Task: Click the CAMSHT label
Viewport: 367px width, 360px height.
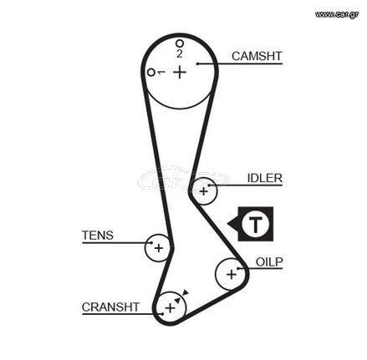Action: tap(257, 56)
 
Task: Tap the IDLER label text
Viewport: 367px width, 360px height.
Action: tap(265, 178)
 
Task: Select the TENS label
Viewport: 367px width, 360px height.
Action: tap(98, 236)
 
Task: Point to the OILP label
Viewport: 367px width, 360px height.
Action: tap(269, 262)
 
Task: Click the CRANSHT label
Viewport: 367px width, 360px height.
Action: tap(110, 307)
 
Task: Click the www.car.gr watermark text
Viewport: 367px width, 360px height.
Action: tap(337, 14)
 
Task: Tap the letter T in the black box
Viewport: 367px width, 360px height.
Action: tap(255, 225)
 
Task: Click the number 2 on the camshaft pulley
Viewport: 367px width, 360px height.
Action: tap(180, 53)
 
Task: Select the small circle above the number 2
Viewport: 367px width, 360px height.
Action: tap(180, 43)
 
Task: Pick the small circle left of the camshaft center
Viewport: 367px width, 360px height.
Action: tap(151, 73)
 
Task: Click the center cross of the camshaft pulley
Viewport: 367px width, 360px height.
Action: tap(180, 72)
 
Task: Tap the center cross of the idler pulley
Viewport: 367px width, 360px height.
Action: tap(204, 191)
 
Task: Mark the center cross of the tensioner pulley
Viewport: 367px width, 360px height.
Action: tap(159, 248)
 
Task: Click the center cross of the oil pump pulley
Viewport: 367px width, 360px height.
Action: tap(232, 275)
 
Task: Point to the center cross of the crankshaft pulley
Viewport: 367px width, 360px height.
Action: tap(170, 308)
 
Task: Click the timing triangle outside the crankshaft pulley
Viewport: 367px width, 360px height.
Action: tap(186, 292)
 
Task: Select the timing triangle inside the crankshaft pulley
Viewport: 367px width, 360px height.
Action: tap(178, 300)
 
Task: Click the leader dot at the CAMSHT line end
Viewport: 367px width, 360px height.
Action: tap(197, 63)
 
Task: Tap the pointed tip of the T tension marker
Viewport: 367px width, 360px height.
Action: tap(228, 224)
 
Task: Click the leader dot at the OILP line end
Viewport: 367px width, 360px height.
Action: tap(238, 268)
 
